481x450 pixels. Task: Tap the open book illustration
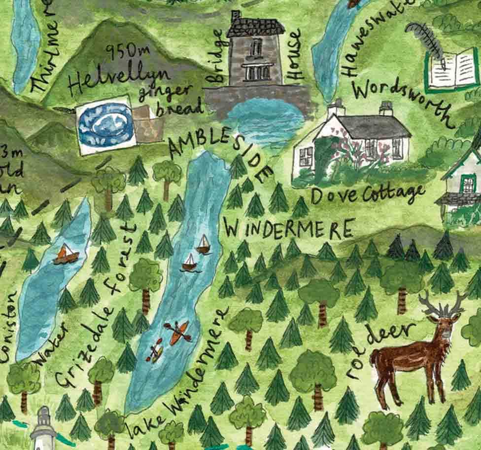tap(451, 71)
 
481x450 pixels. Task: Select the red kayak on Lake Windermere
tap(179, 332)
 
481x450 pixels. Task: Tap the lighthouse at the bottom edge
tap(43, 428)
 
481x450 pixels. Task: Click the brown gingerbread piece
tap(147, 124)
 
